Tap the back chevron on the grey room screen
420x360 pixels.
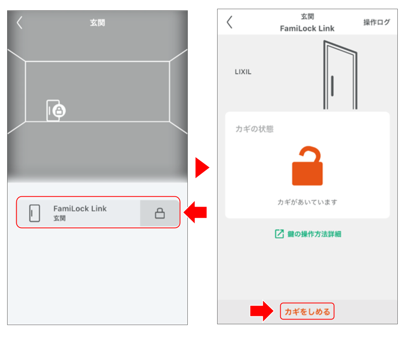(19, 23)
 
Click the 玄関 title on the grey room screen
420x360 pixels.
(98, 23)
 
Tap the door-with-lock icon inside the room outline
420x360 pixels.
(56, 110)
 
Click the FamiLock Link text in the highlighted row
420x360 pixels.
(80, 209)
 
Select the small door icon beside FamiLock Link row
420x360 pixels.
(35, 213)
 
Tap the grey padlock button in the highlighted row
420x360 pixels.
(160, 213)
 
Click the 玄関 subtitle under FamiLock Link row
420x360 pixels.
(60, 218)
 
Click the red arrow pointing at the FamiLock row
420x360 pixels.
(196, 212)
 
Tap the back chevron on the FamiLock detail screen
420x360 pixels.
(229, 22)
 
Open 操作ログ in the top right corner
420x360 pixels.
(377, 22)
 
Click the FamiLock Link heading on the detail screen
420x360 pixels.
(307, 29)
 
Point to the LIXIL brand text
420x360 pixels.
(243, 72)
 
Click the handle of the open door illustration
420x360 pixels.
(332, 86)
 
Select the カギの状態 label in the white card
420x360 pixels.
(254, 129)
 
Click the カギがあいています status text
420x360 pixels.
(307, 202)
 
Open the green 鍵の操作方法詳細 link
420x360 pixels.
(308, 234)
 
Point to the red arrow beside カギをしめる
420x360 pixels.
(262, 311)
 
